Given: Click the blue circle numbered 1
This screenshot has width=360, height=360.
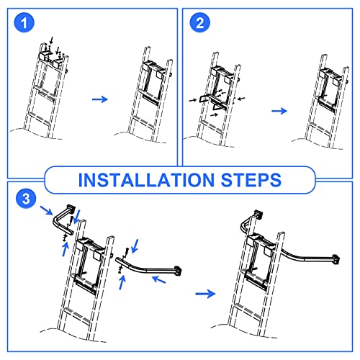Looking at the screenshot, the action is [x=24, y=23].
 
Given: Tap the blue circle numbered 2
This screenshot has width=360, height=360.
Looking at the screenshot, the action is [x=199, y=23].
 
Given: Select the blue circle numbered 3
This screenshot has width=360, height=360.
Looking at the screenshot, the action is [x=26, y=199].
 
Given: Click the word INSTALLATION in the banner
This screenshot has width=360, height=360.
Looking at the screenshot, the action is [x=146, y=180].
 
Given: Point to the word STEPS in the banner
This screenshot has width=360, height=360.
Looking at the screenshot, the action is [x=251, y=180].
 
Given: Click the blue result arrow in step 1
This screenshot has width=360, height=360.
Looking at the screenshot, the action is [x=100, y=99].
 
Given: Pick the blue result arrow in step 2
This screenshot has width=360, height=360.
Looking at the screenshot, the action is [x=279, y=111].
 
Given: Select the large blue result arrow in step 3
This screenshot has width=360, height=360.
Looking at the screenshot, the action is [x=205, y=294].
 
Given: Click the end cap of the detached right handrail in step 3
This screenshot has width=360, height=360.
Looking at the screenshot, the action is [x=178, y=271].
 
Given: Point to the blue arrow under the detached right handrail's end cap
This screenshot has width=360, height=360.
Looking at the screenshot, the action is [x=159, y=279].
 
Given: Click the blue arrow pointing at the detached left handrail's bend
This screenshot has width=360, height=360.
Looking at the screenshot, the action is [x=46, y=210].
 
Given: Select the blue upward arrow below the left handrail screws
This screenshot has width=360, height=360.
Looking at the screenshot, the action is [x=65, y=249].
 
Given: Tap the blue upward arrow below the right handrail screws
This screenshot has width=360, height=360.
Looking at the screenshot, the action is [x=122, y=282].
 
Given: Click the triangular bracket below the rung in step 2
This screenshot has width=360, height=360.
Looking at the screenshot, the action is [x=217, y=106].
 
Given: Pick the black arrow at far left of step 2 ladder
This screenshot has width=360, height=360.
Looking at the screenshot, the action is [x=193, y=100].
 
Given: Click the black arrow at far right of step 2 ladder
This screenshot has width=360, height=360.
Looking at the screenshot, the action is [x=241, y=98].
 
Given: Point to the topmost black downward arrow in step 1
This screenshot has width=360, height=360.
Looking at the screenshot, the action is [x=51, y=40].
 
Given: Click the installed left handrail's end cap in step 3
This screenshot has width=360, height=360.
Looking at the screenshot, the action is [x=258, y=214].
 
